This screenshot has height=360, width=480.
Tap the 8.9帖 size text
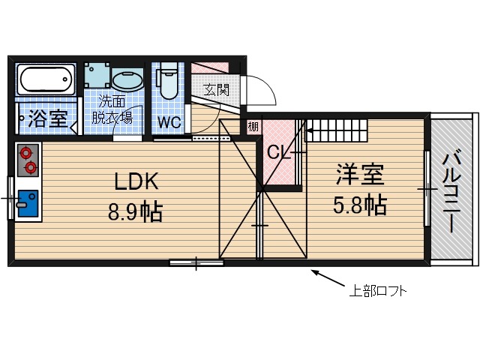(136, 212)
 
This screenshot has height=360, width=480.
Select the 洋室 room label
(359, 175)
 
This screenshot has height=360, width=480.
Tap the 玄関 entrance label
(217, 89)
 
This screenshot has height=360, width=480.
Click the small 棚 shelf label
(253, 127)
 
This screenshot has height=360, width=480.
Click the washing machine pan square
(97, 75)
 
